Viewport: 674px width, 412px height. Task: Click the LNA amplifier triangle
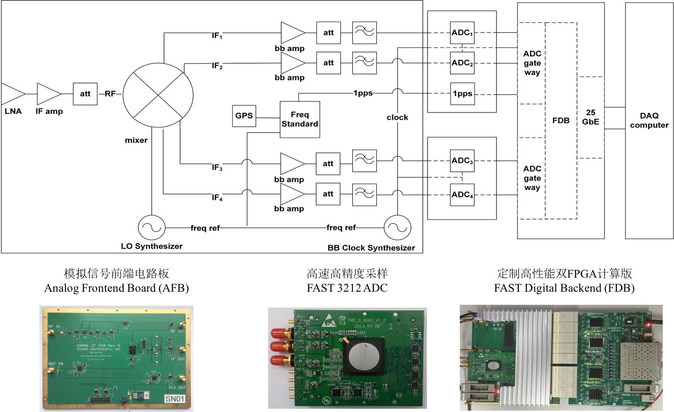(x=11, y=94)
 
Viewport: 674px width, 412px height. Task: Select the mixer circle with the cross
(x=158, y=95)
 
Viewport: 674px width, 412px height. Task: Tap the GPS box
(x=244, y=116)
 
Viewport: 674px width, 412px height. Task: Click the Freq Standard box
(x=300, y=119)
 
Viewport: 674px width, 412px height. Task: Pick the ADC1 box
(x=462, y=33)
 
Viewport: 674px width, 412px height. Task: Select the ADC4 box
(x=462, y=195)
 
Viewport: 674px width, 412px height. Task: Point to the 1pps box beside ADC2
(x=462, y=94)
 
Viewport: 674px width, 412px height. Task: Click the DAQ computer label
(x=649, y=120)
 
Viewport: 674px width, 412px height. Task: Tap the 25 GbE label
(x=590, y=117)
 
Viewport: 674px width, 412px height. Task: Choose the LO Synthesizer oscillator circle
(x=151, y=228)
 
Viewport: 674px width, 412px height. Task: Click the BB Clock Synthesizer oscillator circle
(x=397, y=228)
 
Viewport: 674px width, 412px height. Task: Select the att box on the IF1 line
(x=329, y=33)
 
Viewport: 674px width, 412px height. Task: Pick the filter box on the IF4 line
(x=365, y=194)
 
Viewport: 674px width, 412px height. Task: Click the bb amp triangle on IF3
(x=292, y=164)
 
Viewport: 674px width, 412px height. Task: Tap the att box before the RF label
(x=85, y=94)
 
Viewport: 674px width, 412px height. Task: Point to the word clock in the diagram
(x=397, y=118)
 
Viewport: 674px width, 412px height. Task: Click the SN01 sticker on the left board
(x=175, y=399)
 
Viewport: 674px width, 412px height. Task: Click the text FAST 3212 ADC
(x=347, y=288)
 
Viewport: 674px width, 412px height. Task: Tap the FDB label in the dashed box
(x=561, y=120)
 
